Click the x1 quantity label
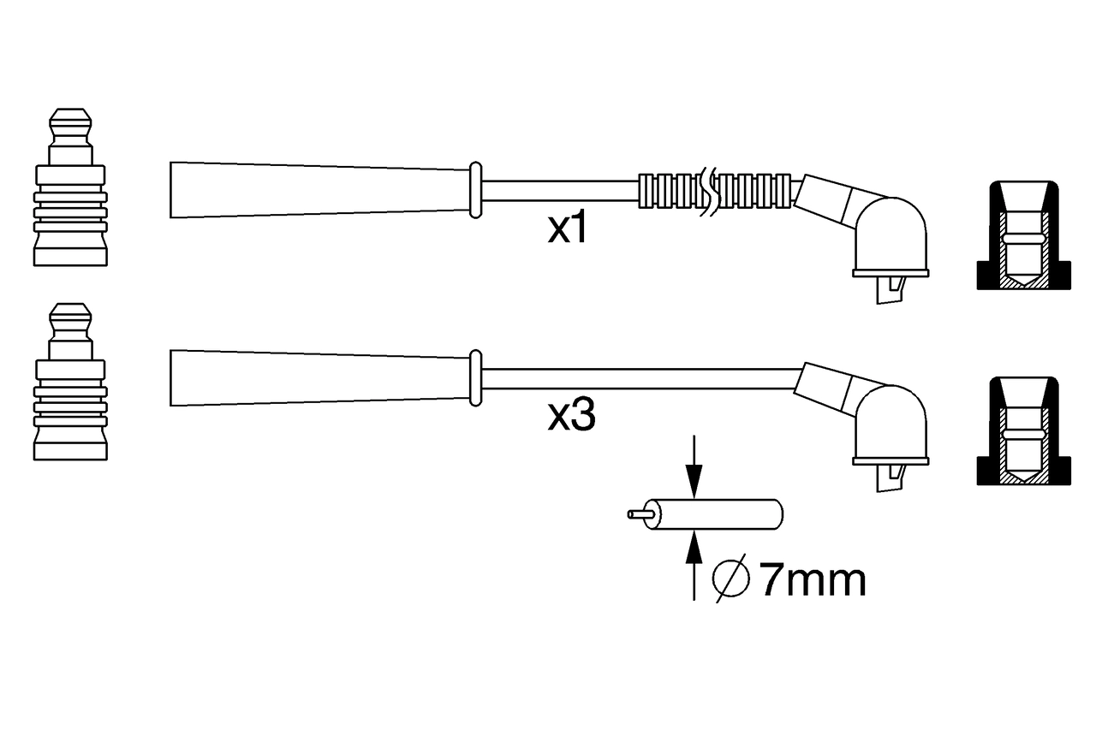coord(569,228)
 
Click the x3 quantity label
coord(571,416)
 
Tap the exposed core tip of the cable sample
coord(638,514)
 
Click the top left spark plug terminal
coord(70,187)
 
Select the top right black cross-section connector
coord(1024,236)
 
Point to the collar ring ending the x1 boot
coord(476,188)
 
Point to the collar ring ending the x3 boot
coord(476,377)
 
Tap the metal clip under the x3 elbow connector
coord(890,478)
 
